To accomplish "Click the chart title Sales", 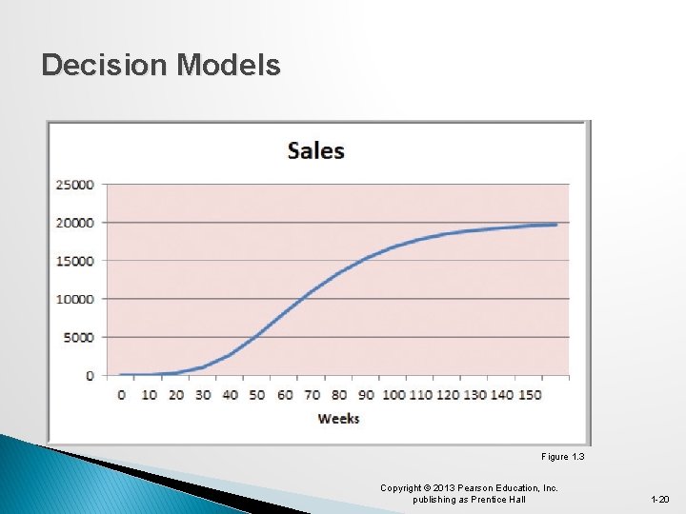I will (315, 150).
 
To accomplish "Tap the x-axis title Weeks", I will (338, 418).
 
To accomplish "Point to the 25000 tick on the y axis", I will (76, 185).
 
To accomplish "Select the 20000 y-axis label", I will (76, 223).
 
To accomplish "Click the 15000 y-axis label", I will (76, 261).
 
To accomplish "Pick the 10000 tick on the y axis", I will (76, 299).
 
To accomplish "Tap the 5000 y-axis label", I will (80, 337).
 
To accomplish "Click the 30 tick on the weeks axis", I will (203, 394).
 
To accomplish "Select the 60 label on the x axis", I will (285, 394).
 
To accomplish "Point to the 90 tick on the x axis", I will (367, 394).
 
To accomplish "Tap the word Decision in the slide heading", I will (103, 65).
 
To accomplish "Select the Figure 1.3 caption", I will (562, 457).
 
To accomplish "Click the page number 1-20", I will (659, 500).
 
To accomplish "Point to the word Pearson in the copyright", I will (475, 488).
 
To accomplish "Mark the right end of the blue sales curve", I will (555, 225).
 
